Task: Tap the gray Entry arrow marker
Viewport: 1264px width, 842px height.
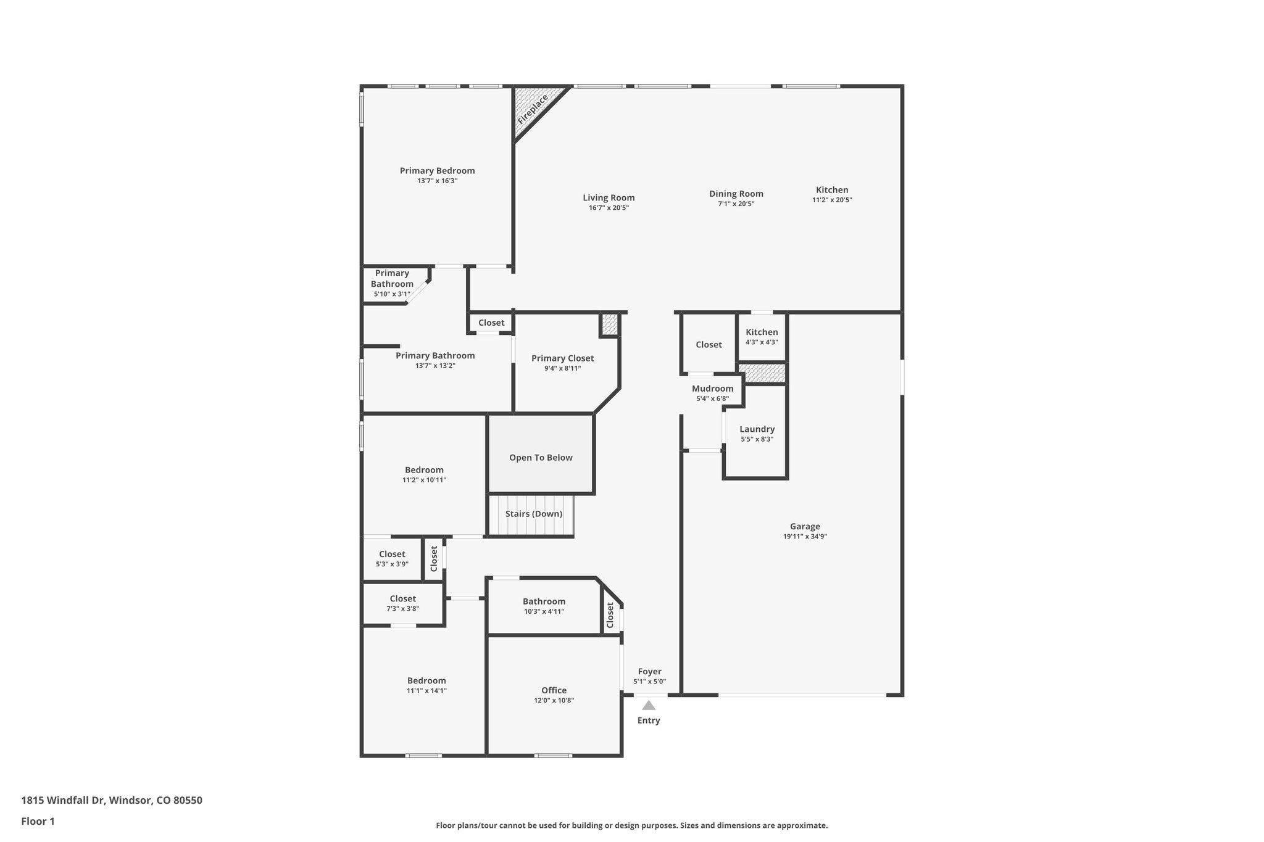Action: [648, 705]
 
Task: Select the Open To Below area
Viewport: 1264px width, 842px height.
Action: [541, 457]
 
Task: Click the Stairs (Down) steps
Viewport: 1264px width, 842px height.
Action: [533, 514]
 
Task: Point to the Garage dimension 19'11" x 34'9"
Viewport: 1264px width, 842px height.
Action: [805, 537]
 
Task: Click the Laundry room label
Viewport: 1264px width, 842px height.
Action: [757, 429]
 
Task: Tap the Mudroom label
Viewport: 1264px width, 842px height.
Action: [712, 389]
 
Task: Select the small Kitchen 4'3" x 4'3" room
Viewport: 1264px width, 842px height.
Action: [762, 337]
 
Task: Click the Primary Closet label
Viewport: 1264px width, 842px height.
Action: [562, 358]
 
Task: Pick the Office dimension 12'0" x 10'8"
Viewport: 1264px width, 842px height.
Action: [554, 701]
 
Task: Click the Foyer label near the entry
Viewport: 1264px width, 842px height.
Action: [649, 672]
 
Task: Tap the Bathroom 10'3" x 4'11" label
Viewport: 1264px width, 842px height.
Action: [544, 601]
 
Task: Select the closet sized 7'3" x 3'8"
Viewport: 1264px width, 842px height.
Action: [402, 603]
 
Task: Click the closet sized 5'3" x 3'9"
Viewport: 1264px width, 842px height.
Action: [392, 559]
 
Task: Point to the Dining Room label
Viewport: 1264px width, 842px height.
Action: [736, 194]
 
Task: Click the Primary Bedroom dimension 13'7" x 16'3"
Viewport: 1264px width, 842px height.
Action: [437, 181]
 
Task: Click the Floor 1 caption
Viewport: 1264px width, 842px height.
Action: [38, 821]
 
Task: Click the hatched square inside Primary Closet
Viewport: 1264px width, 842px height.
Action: [609, 324]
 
